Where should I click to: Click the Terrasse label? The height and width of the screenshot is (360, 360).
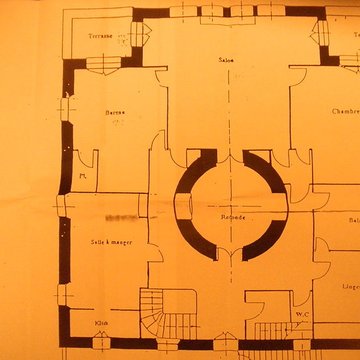pyautogui.click(x=99, y=36)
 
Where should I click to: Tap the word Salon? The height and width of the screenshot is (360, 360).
pyautogui.click(x=227, y=61)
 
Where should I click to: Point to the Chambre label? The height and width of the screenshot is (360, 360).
pyautogui.click(x=345, y=112)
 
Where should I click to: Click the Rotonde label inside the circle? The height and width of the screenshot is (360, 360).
pyautogui.click(x=233, y=217)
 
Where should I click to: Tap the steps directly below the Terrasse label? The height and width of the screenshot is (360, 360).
pyautogui.click(x=104, y=62)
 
